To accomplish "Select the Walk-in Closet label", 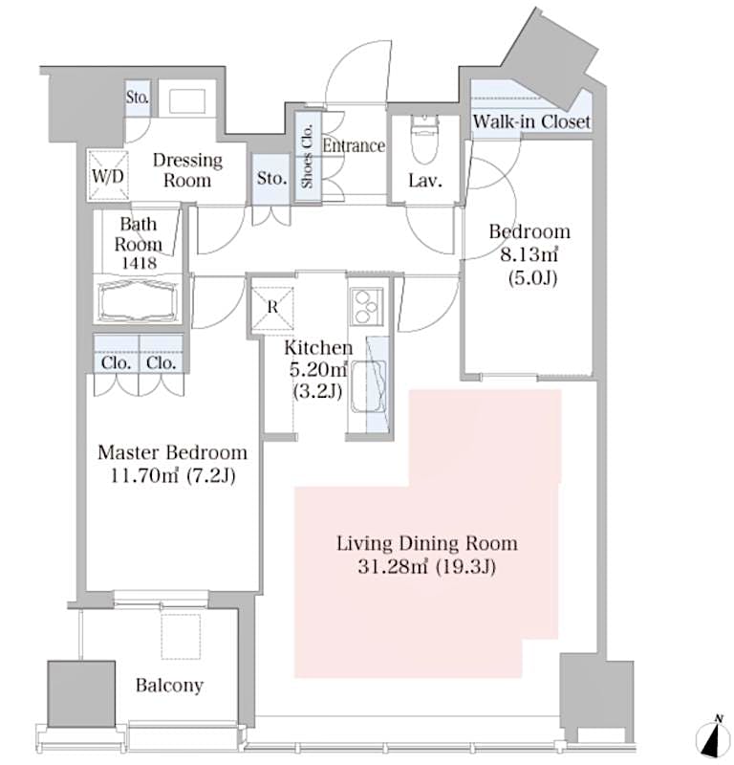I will (x=531, y=122).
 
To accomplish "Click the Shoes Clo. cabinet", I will (x=307, y=156).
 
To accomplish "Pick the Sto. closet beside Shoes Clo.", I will (x=271, y=179).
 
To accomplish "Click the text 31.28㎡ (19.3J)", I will (x=426, y=567).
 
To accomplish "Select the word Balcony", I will (x=168, y=686).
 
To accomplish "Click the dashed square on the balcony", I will (x=181, y=635).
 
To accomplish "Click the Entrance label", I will (x=353, y=146).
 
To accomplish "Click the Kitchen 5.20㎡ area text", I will (x=317, y=370).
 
